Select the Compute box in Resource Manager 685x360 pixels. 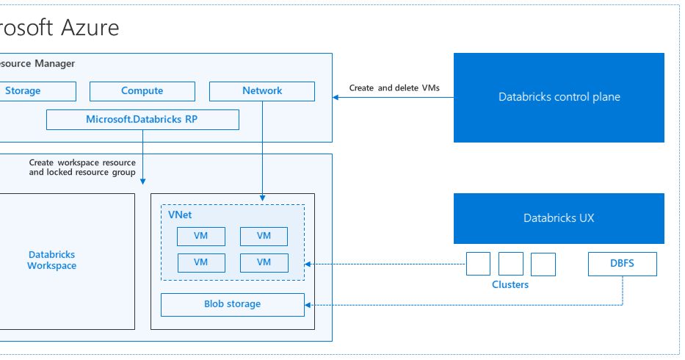(x=142, y=91)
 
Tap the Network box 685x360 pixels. (x=262, y=91)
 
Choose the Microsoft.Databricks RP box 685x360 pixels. (x=142, y=119)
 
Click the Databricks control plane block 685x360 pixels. (x=559, y=97)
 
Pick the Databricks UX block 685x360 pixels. (x=559, y=218)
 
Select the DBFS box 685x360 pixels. (x=623, y=264)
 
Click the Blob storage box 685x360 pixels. (x=232, y=304)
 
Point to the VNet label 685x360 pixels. (x=180, y=215)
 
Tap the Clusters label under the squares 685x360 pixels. (x=510, y=284)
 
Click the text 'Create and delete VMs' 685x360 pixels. (x=394, y=88)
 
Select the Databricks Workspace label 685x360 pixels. (x=51, y=260)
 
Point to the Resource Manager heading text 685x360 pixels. (x=37, y=64)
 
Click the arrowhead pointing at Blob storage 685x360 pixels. (x=309, y=304)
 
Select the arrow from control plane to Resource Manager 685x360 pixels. (x=393, y=97)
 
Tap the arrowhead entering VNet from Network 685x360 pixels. (x=262, y=198)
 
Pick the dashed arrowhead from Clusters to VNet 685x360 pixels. (x=309, y=264)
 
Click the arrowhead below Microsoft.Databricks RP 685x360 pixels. (x=142, y=181)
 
